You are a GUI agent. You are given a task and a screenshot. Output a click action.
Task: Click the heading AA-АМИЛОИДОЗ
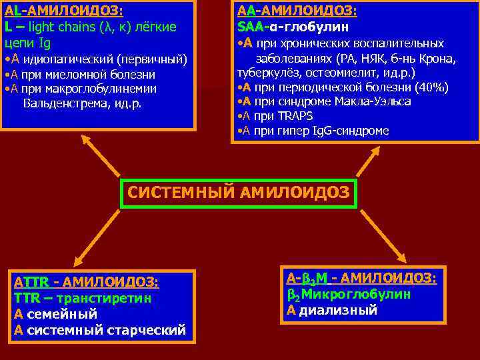pos(297,11)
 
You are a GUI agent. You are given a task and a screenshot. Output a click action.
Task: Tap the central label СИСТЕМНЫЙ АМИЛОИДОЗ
pos(239,193)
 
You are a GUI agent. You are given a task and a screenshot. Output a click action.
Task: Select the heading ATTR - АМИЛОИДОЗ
pos(86,282)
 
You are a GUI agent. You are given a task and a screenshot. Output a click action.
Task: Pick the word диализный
pos(338,310)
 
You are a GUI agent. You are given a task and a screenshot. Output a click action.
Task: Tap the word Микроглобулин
pos(353,294)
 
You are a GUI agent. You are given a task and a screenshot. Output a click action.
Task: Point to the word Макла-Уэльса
pos(373,101)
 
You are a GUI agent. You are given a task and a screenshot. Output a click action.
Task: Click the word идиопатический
pos(67,59)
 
